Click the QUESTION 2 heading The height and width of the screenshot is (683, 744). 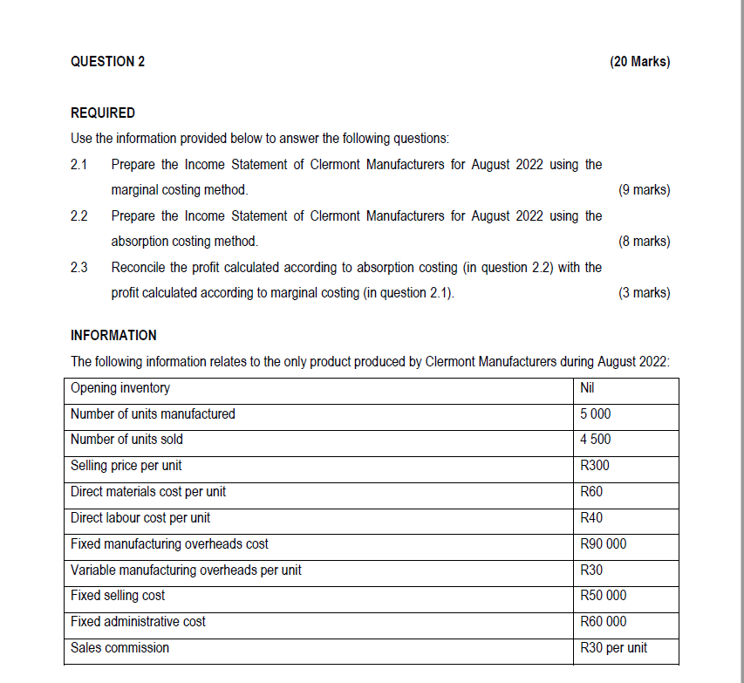click(x=107, y=61)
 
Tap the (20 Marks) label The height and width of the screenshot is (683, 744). click(x=640, y=61)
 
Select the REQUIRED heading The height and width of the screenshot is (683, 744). click(x=103, y=113)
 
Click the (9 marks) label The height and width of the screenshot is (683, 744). click(x=643, y=189)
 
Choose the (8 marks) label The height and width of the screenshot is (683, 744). click(x=643, y=241)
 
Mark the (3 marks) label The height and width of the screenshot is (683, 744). click(x=643, y=292)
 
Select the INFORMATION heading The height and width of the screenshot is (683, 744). click(x=113, y=335)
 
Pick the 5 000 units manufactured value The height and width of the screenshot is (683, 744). click(x=596, y=413)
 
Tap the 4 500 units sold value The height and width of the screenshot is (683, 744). click(x=596, y=440)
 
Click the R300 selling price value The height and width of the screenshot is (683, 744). click(x=595, y=466)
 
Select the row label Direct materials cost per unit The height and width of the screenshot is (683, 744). click(x=148, y=492)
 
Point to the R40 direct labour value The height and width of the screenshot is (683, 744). click(x=591, y=517)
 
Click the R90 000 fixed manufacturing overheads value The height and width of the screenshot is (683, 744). click(x=603, y=543)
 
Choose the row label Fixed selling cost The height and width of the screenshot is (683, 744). click(x=118, y=596)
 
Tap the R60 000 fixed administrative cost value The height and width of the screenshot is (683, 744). click(x=603, y=622)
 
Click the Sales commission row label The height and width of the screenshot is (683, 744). click(x=120, y=647)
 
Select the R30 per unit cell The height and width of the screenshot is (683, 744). click(x=613, y=647)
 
